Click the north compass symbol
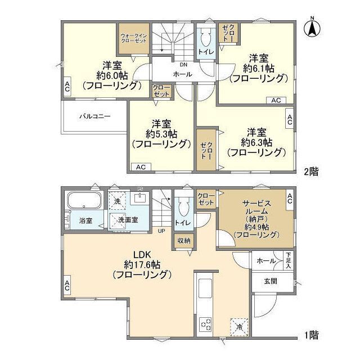[x=312, y=28]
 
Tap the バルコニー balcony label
[x=94, y=116]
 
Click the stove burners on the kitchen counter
[x=205, y=325]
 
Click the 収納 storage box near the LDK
[x=184, y=241]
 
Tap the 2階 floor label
[x=311, y=172]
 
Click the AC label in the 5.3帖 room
[x=140, y=167]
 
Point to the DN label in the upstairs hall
[x=183, y=65]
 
